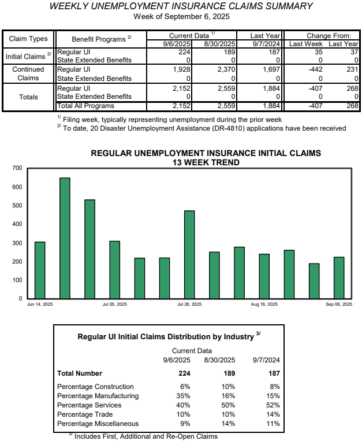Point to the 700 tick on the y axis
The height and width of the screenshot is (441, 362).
(x=17, y=168)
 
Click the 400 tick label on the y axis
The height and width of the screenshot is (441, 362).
(x=17, y=224)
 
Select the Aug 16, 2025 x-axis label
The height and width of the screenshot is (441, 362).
(x=264, y=305)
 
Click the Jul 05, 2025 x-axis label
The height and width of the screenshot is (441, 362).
(x=115, y=305)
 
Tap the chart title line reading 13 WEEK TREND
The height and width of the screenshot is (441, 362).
(x=206, y=162)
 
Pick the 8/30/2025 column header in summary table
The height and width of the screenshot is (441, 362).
(x=220, y=43)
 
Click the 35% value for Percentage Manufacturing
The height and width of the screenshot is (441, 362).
(x=184, y=396)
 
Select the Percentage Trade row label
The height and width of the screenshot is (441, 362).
(x=85, y=414)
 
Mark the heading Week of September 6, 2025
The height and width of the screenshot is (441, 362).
(x=181, y=16)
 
